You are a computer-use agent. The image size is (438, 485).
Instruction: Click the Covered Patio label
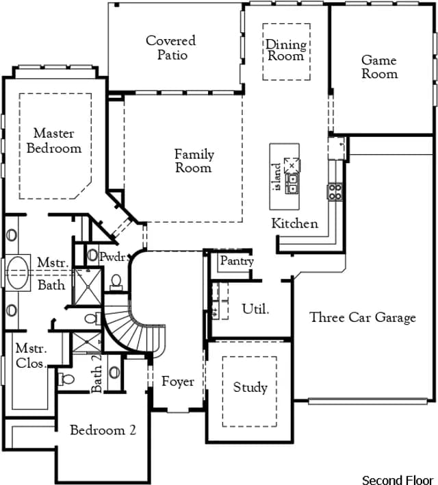click(x=171, y=48)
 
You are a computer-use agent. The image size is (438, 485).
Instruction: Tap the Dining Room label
click(x=286, y=50)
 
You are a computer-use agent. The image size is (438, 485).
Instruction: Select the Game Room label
click(x=379, y=67)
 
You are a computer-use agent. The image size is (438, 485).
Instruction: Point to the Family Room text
click(x=194, y=161)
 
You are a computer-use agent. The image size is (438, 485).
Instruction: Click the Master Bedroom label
click(x=54, y=140)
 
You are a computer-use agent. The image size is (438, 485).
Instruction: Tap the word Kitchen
click(x=294, y=223)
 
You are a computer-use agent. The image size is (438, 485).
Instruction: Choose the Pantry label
click(x=237, y=261)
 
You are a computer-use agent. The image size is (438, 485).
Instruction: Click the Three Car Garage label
click(x=363, y=318)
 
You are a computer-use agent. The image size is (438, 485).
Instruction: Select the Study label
click(x=250, y=387)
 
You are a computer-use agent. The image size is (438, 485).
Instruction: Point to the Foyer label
click(x=178, y=382)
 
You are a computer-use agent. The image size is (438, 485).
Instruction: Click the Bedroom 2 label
click(x=103, y=430)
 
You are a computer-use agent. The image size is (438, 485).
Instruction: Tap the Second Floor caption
click(x=398, y=480)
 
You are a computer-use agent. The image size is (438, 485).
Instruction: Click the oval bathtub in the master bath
click(x=18, y=273)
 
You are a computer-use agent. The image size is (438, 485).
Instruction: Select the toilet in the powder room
click(x=116, y=282)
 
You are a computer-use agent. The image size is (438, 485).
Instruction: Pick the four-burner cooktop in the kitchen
click(x=335, y=192)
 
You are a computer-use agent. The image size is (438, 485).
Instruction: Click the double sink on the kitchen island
click(x=292, y=184)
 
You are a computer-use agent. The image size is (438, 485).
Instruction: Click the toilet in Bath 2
click(x=66, y=379)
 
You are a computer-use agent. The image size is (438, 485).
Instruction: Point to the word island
click(x=277, y=177)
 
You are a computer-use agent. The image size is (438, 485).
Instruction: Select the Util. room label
click(x=255, y=309)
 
